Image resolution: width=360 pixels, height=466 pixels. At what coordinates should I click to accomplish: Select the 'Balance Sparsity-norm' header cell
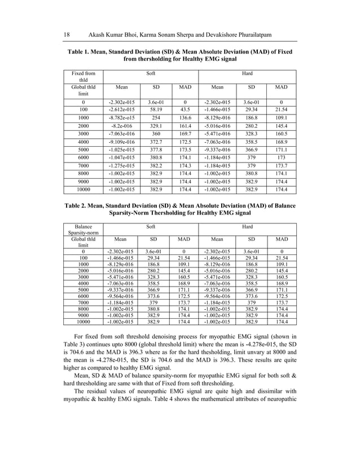pyautogui.click(x=82, y=231)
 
